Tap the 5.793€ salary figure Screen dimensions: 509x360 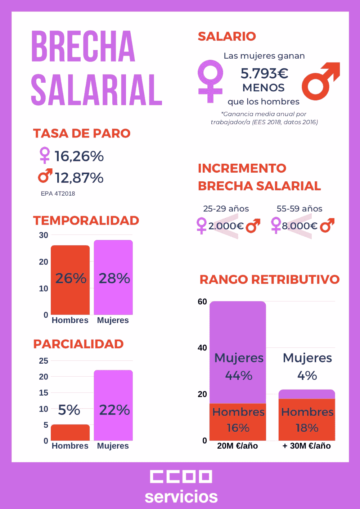(x=264, y=73)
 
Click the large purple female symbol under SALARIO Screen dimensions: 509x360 (x=210, y=81)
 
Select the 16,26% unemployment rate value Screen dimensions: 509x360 (x=79, y=156)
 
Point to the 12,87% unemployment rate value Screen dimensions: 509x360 (x=79, y=178)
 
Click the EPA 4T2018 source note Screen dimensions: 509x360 (x=58, y=194)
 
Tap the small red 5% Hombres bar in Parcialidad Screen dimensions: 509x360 (x=70, y=433)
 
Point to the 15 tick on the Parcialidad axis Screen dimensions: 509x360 (x=44, y=393)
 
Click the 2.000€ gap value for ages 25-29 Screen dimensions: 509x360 (x=226, y=226)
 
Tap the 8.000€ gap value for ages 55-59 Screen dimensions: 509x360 (x=300, y=226)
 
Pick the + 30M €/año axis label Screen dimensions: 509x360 (x=307, y=446)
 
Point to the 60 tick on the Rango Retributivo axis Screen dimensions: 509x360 (x=202, y=302)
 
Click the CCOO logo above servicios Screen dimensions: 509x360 (x=181, y=477)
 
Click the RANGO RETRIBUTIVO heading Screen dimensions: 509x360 (x=269, y=280)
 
